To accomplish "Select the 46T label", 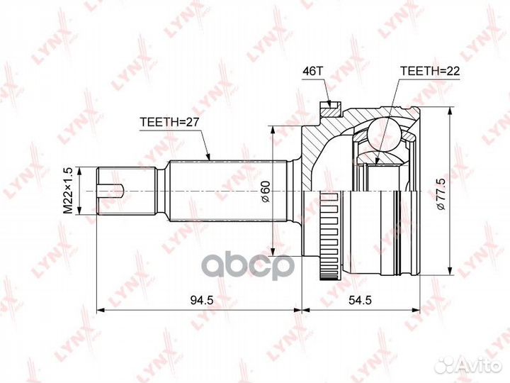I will pos(313,72).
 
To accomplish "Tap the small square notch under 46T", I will pos(328,109).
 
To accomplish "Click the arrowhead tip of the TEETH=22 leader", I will pos(380,165).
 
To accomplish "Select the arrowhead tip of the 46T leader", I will pos(328,104).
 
